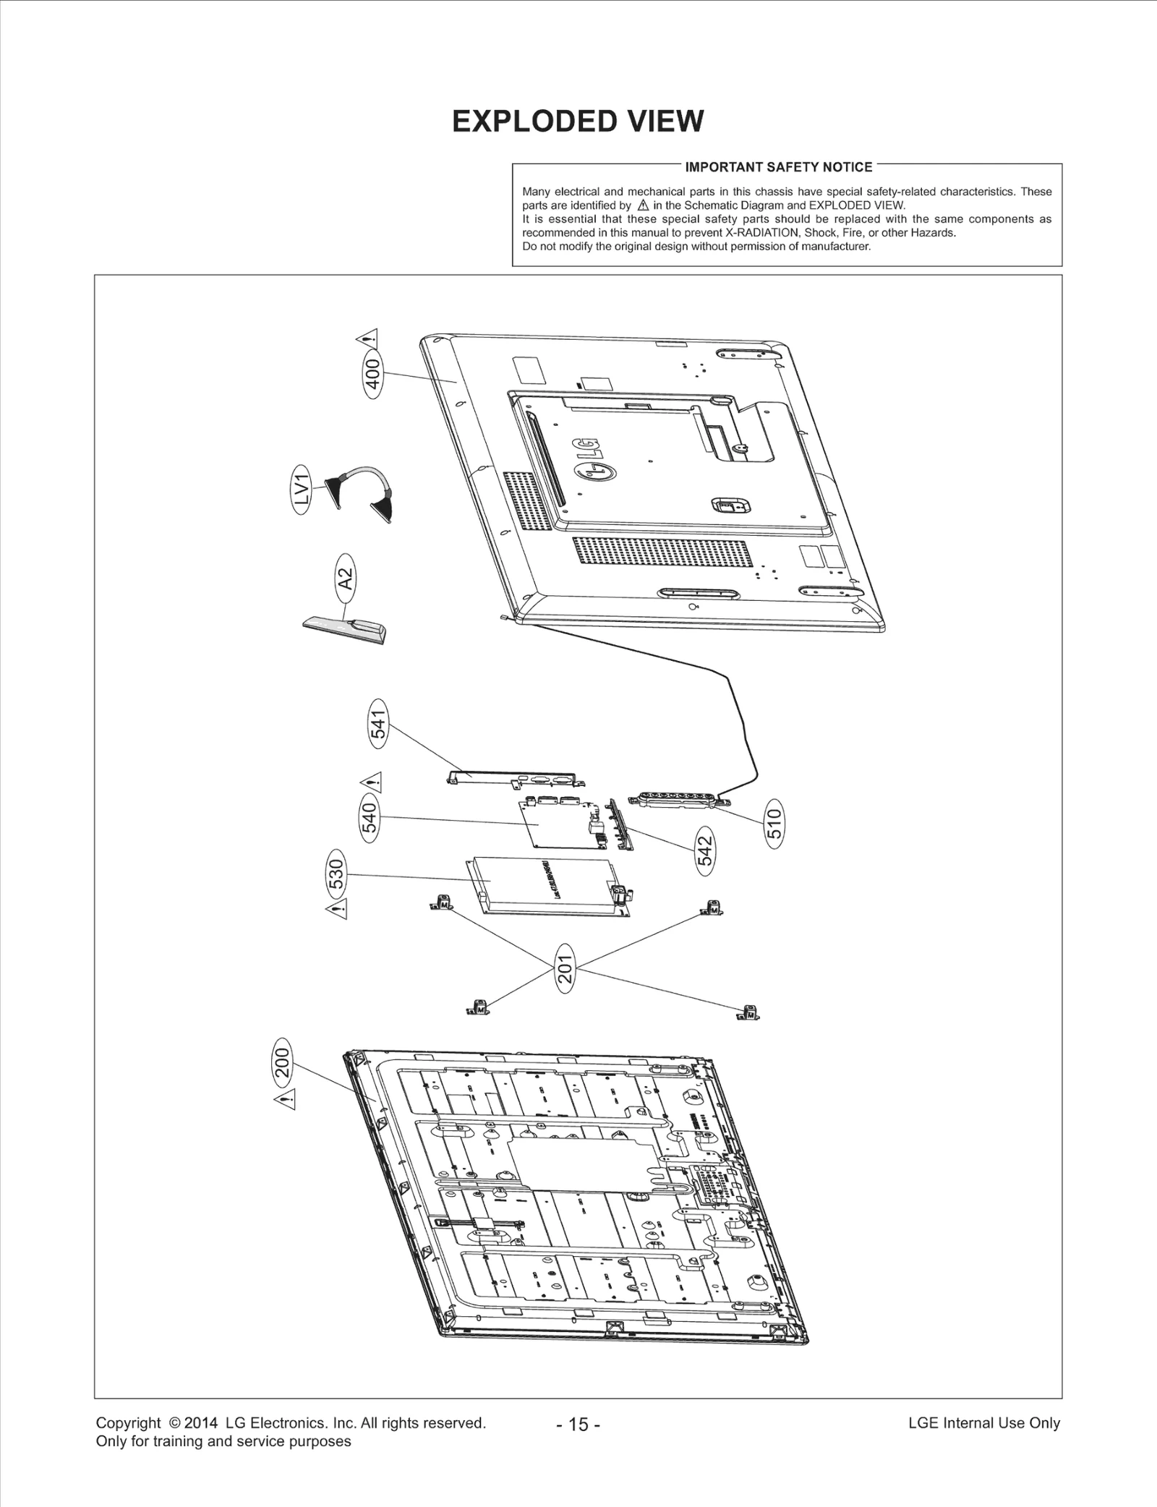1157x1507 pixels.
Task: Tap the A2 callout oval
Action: click(347, 579)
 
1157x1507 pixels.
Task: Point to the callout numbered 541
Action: click(378, 722)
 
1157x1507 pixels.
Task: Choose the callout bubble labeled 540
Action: click(370, 818)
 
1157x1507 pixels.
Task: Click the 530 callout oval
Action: click(338, 875)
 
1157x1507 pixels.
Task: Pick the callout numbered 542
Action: click(705, 852)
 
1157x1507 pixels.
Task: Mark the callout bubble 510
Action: click(774, 824)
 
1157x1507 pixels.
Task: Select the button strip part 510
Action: click(678, 801)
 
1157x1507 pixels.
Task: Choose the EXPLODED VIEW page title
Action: click(578, 121)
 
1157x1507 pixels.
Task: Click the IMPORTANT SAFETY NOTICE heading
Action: click(779, 168)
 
